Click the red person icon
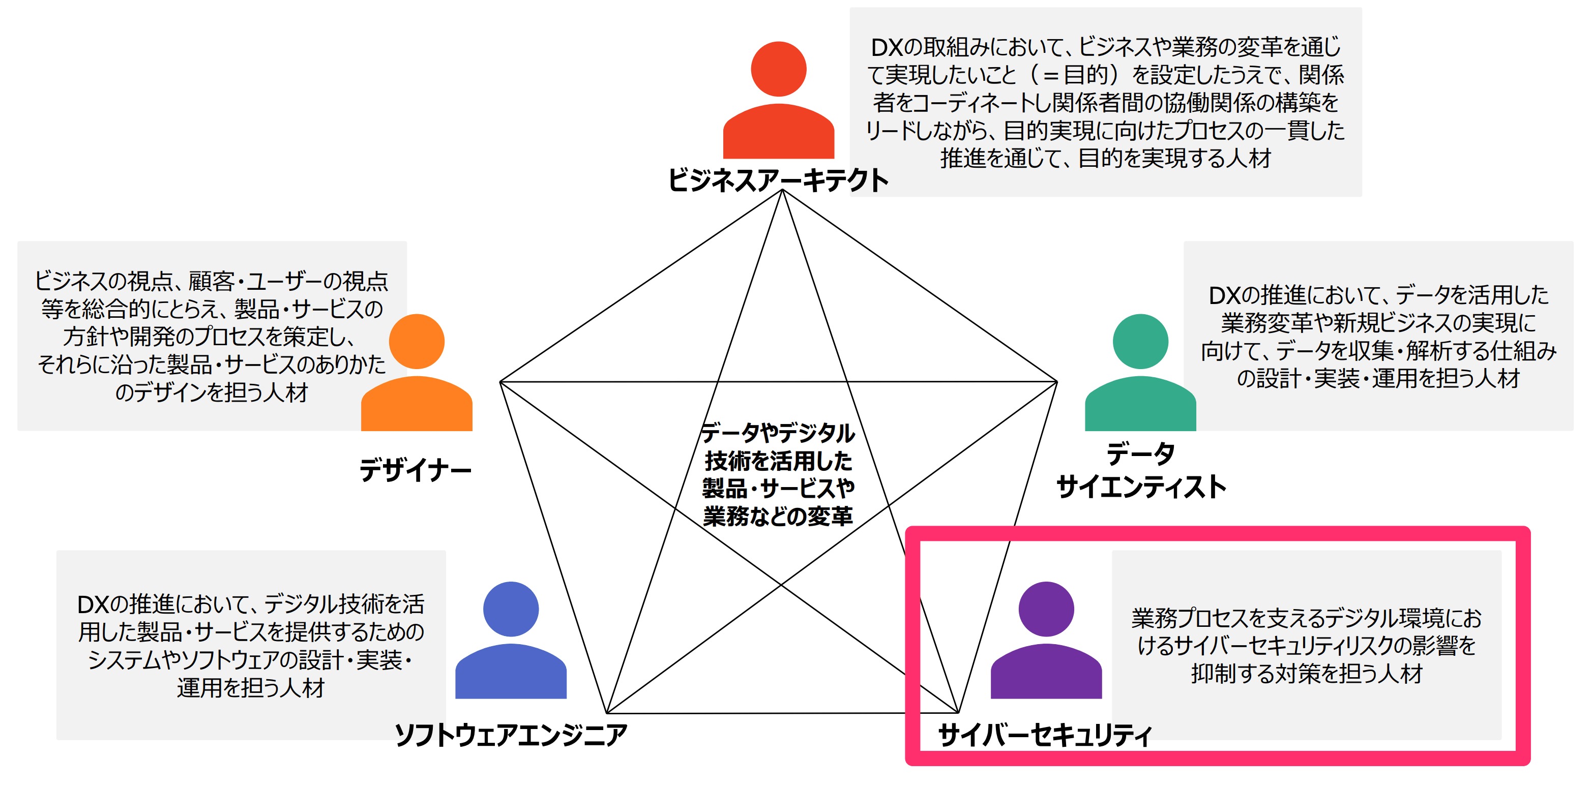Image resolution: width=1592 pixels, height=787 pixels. tap(779, 100)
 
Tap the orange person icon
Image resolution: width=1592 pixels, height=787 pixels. tap(417, 373)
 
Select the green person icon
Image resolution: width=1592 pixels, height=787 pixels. tap(1140, 373)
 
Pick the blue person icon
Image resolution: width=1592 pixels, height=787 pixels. tap(511, 640)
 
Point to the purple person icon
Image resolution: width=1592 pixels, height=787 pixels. tap(1046, 640)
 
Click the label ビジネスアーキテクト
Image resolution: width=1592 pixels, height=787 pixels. tap(778, 180)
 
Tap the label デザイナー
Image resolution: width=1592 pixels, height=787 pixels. tap(416, 470)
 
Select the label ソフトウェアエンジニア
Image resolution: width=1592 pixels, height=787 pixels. tap(511, 735)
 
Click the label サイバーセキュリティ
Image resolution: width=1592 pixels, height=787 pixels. tap(1045, 735)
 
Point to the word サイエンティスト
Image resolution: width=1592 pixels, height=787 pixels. tap(1141, 487)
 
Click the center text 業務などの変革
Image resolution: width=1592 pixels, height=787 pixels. tap(778, 516)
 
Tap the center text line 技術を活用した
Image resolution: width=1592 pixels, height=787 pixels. tap(778, 461)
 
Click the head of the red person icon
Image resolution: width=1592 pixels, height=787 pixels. tap(779, 69)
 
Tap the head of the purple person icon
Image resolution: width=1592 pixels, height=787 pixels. tap(1046, 609)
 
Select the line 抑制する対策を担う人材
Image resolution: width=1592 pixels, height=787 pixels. tap(1307, 673)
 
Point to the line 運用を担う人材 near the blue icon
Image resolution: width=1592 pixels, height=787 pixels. tap(250, 687)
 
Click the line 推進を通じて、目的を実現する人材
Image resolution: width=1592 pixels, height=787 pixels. tap(1105, 158)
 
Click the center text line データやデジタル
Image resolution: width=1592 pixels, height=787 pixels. tap(778, 433)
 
